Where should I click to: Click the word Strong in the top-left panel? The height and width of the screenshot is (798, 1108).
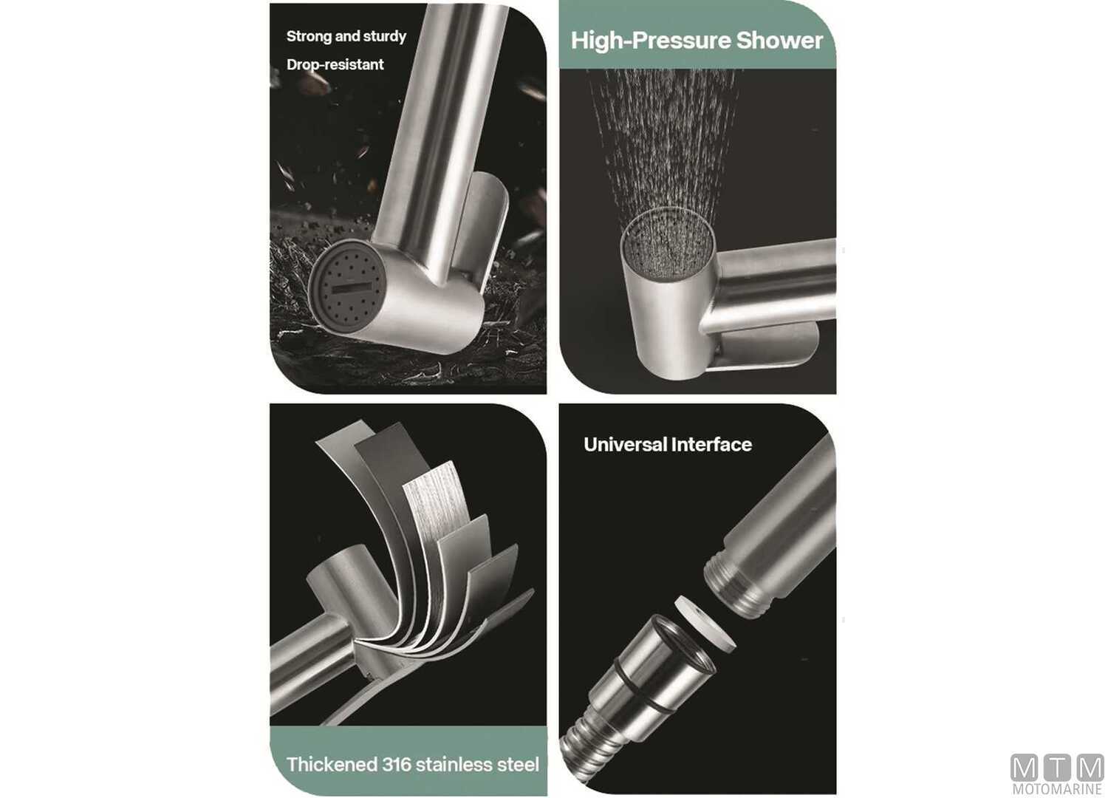coord(307,36)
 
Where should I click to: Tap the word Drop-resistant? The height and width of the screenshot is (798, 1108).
coord(335,65)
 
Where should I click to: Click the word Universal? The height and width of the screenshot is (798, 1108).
coord(625,445)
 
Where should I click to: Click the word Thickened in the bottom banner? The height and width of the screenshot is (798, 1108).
coord(331,765)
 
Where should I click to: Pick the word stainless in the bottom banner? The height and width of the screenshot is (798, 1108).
coord(458,765)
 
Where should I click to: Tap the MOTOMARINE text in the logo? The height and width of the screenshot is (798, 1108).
coord(1056,789)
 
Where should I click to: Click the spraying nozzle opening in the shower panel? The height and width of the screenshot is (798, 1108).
coord(668,248)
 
